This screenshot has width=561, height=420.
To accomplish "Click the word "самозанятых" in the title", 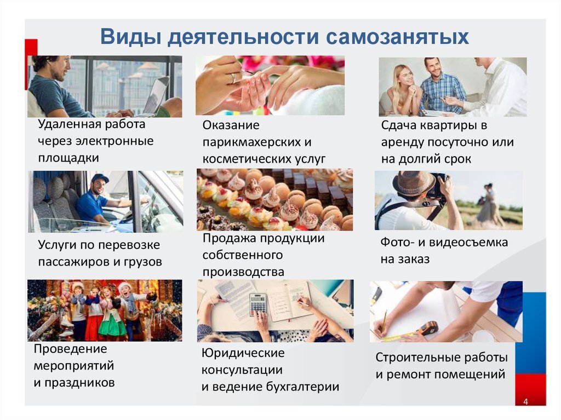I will pos(398,37).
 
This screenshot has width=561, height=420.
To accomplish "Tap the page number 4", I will pos(525,402).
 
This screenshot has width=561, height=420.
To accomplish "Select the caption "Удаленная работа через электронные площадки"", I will pos(96,141).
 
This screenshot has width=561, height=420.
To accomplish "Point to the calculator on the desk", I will pos(257,303).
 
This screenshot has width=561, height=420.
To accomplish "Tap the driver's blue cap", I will pos(100,179).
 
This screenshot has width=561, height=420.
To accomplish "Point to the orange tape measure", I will pos(426,329).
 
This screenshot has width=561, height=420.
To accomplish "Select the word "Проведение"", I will pos(70,349).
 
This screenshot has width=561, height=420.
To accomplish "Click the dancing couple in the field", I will pos(489,205).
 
